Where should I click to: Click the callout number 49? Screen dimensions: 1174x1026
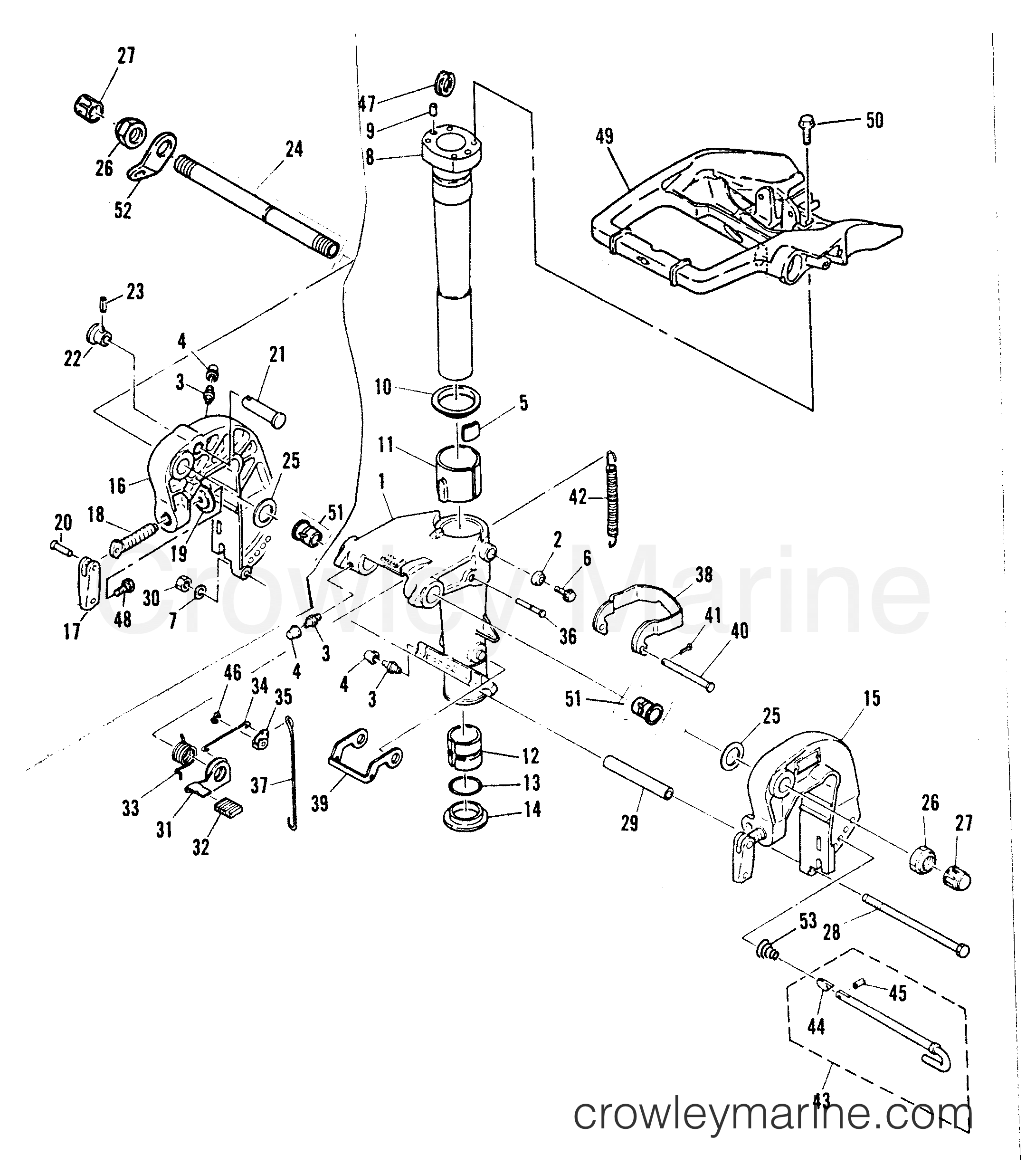coord(605,137)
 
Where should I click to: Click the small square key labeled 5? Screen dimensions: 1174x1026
coord(471,430)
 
